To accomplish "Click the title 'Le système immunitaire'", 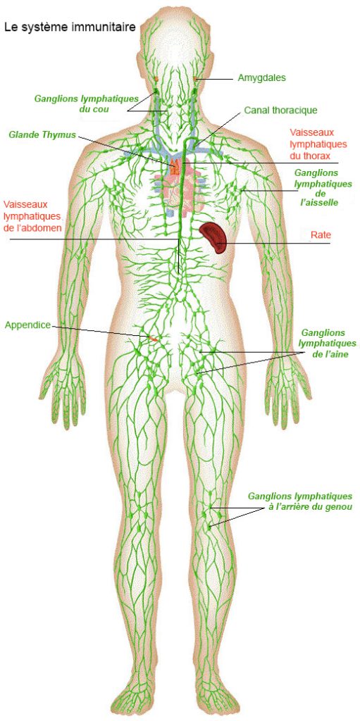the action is [x=70, y=27].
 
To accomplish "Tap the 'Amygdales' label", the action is [x=261, y=78].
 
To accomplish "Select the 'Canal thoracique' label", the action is [x=280, y=111].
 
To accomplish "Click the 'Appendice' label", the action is [x=27, y=325].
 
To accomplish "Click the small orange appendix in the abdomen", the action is [x=152, y=339].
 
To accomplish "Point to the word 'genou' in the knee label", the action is [x=338, y=508].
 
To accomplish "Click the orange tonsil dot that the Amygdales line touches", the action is [x=195, y=79].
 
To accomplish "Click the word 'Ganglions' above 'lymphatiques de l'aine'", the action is [x=322, y=332].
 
